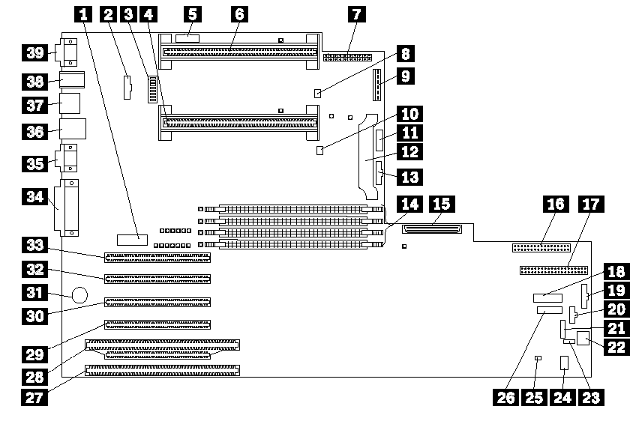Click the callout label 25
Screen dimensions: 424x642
535,397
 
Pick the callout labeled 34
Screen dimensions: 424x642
34,198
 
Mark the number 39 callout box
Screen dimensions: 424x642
34,52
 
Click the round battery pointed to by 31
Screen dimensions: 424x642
80,293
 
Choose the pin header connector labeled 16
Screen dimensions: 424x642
540,248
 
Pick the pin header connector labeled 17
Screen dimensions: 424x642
547,270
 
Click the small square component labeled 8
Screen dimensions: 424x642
319,93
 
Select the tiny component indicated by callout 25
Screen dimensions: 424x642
538,359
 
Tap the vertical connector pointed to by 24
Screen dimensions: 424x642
562,363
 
